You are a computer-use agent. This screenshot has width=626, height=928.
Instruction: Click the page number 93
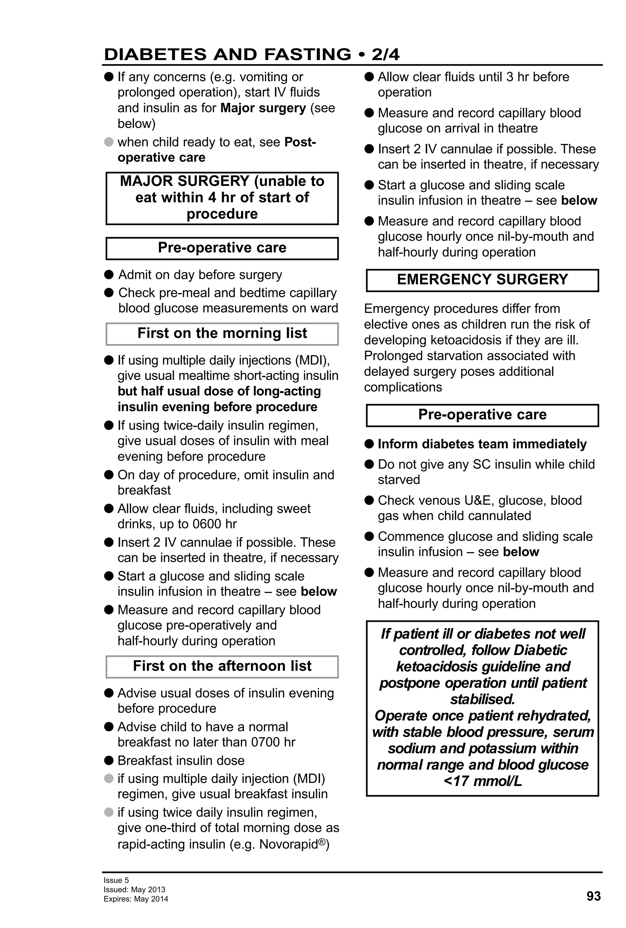coord(593,896)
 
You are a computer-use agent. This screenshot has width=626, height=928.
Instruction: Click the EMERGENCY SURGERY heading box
coord(482,280)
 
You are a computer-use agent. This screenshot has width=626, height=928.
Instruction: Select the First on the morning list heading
coord(222,333)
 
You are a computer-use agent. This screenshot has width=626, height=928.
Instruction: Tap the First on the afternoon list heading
coord(222,666)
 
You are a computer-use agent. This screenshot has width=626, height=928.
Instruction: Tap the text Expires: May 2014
coord(136,899)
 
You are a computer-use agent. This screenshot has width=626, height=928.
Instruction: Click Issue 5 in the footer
coord(116,880)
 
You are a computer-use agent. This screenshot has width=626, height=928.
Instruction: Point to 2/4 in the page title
coord(385,54)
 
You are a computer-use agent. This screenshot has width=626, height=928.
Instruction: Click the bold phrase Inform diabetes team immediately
coord(482,444)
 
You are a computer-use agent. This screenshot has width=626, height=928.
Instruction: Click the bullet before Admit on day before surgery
coord(109,275)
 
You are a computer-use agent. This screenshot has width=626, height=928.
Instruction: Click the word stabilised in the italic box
coord(482,699)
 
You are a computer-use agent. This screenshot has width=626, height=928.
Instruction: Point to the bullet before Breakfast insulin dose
coord(109,760)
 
